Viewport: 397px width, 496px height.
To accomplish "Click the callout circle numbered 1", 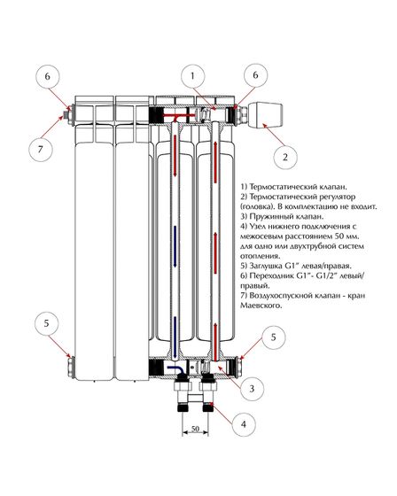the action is (x=193, y=76).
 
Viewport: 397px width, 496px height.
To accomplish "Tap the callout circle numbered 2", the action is (x=285, y=157).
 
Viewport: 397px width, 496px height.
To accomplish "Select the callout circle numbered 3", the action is (x=252, y=389).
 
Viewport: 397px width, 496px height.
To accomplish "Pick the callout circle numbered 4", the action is (x=243, y=424).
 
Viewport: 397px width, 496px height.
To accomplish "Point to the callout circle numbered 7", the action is (x=40, y=149).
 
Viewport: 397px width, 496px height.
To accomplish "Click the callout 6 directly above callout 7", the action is (x=47, y=76).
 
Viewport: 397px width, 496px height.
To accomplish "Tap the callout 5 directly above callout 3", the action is (x=274, y=337).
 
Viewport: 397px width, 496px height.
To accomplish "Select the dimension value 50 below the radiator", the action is (x=195, y=429).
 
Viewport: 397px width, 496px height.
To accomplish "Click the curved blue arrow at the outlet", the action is (x=174, y=369).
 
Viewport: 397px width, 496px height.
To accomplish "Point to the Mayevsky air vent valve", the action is (x=67, y=114).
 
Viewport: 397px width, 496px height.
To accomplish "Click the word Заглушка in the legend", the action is (x=265, y=266).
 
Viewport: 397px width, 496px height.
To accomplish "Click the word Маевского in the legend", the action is (x=261, y=306).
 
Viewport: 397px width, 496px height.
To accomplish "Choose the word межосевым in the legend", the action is (x=261, y=236).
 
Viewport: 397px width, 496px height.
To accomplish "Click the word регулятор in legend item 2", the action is (x=335, y=197).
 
